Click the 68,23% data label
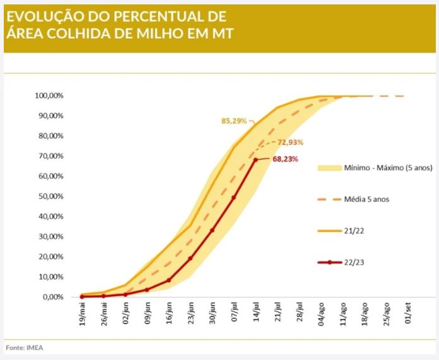pyautogui.click(x=285, y=160)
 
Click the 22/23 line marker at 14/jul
pyautogui.click(x=255, y=160)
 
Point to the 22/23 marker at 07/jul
pyautogui.click(x=233, y=197)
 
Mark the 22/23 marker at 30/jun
pyautogui.click(x=212, y=230)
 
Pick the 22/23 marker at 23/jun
pyautogui.click(x=190, y=258)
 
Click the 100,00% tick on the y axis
pyautogui.click(x=49, y=96)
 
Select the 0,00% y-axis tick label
pyautogui.click(x=52, y=297)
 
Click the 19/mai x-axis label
pyautogui.click(x=82, y=313)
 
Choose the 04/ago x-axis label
pyautogui.click(x=322, y=313)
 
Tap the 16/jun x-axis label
pyautogui.click(x=169, y=313)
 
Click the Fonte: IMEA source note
pyautogui.click(x=25, y=347)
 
